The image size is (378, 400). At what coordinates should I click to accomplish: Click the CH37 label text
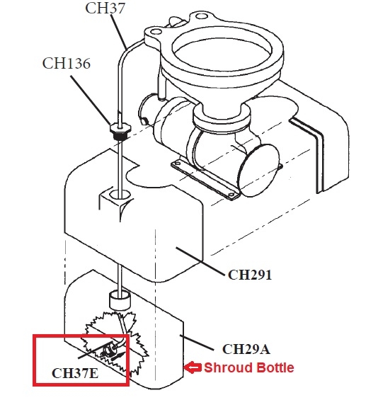(x=105, y=8)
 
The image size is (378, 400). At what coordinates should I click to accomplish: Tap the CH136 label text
(x=67, y=64)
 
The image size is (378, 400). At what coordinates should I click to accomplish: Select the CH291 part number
(x=250, y=275)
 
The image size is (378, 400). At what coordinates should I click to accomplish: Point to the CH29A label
(x=246, y=349)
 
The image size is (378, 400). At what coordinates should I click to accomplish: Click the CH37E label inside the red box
(x=75, y=373)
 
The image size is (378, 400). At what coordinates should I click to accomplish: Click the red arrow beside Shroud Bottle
(x=193, y=367)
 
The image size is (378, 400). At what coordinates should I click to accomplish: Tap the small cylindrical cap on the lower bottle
(x=120, y=300)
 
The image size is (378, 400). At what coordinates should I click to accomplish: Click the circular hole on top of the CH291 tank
(x=120, y=195)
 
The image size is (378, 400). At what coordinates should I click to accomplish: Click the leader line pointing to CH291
(x=200, y=261)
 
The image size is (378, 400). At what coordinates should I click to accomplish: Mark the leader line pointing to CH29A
(x=197, y=343)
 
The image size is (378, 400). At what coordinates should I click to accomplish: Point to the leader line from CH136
(x=91, y=101)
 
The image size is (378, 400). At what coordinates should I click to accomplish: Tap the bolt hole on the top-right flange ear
(x=202, y=16)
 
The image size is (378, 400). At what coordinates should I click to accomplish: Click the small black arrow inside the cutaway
(x=118, y=355)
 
